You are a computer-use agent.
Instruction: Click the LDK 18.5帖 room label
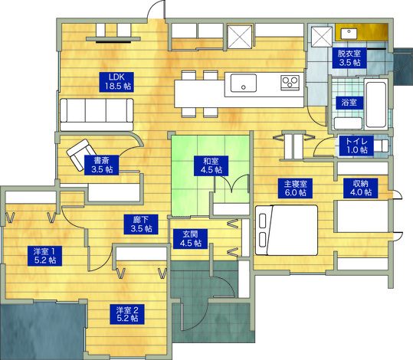116,82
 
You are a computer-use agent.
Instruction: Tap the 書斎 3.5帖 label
101,165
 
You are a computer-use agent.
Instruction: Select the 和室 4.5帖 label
211,165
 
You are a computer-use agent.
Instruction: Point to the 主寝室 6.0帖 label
295,188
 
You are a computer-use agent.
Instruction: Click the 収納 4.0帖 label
361,188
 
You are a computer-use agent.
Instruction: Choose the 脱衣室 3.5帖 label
349,58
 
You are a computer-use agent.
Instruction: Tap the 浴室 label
349,103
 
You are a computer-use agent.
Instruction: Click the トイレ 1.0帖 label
356,146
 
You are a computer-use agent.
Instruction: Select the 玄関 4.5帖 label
191,239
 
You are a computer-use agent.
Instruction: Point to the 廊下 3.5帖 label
141,224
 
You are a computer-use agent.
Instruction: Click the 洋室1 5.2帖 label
44,256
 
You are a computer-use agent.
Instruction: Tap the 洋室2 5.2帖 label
127,314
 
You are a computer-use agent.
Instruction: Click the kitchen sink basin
244,83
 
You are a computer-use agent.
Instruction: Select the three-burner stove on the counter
290,83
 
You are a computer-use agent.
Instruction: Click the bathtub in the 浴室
376,104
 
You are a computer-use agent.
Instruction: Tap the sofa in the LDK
97,115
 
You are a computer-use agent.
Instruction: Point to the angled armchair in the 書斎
81,155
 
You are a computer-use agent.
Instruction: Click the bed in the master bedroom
287,230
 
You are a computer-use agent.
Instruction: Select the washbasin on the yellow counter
349,34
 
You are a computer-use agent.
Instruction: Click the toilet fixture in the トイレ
381,146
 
